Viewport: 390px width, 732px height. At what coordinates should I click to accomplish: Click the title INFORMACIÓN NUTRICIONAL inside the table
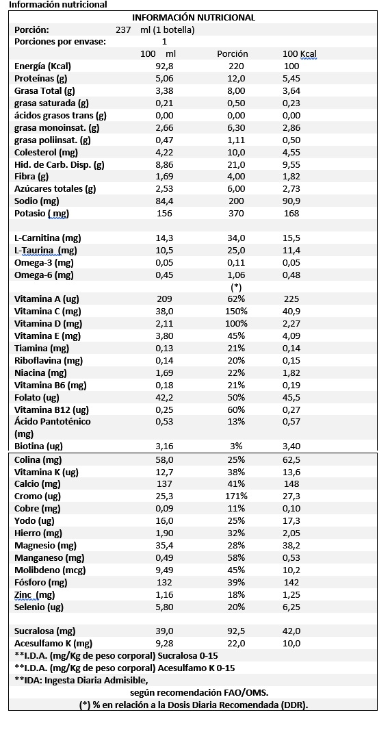click(x=194, y=18)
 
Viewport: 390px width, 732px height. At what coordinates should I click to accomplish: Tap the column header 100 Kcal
click(x=300, y=54)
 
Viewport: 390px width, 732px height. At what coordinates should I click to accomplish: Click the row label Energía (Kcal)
click(x=43, y=66)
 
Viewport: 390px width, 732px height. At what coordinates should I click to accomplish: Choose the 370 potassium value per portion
click(x=237, y=214)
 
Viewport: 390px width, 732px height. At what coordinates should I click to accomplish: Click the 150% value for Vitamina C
click(x=237, y=312)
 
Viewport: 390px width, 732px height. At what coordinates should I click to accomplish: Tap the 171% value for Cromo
click(x=237, y=496)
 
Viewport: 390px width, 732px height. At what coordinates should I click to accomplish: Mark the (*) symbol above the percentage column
click(x=237, y=287)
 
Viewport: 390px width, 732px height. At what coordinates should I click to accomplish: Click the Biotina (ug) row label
click(x=39, y=446)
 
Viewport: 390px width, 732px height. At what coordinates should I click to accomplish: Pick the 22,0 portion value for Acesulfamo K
click(x=237, y=644)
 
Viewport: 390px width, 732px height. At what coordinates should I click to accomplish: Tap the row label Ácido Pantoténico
click(x=53, y=422)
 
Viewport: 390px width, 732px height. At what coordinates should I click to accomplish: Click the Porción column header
click(x=233, y=54)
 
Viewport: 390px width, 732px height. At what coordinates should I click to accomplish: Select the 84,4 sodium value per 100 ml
click(x=164, y=202)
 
